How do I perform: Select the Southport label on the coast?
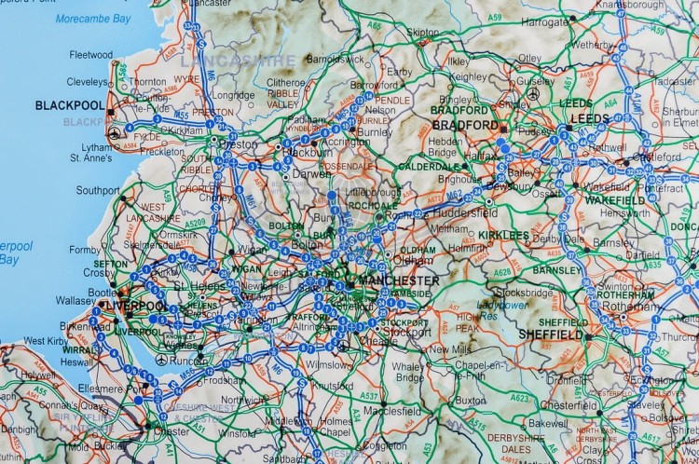click(x=98, y=190)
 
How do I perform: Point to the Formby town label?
click(x=84, y=250)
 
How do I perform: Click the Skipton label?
click(x=422, y=32)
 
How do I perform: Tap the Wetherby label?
click(x=593, y=44)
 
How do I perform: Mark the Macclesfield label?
click(x=391, y=410)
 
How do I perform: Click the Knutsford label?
click(x=334, y=385)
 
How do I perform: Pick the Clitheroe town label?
click(x=286, y=82)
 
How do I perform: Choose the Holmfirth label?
click(x=467, y=248)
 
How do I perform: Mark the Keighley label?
click(x=469, y=76)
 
